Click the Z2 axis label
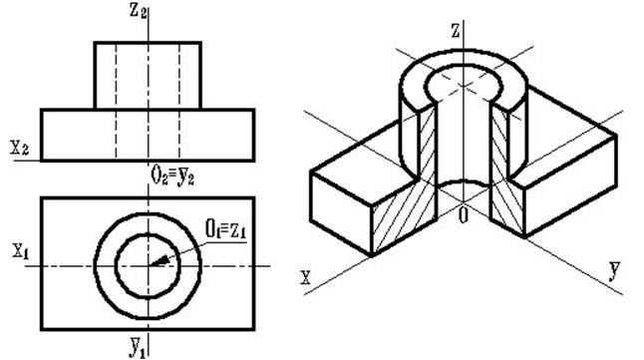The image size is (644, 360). point(138,10)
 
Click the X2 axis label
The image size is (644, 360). point(20,148)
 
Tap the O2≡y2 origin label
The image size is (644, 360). point(172,177)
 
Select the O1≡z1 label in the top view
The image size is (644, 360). point(226,229)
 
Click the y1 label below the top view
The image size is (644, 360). point(138,347)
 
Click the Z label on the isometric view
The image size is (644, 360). point(455,31)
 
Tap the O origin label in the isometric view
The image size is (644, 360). point(463,215)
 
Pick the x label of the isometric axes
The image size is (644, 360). point(305,278)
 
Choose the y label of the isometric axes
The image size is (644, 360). point(614,270)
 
